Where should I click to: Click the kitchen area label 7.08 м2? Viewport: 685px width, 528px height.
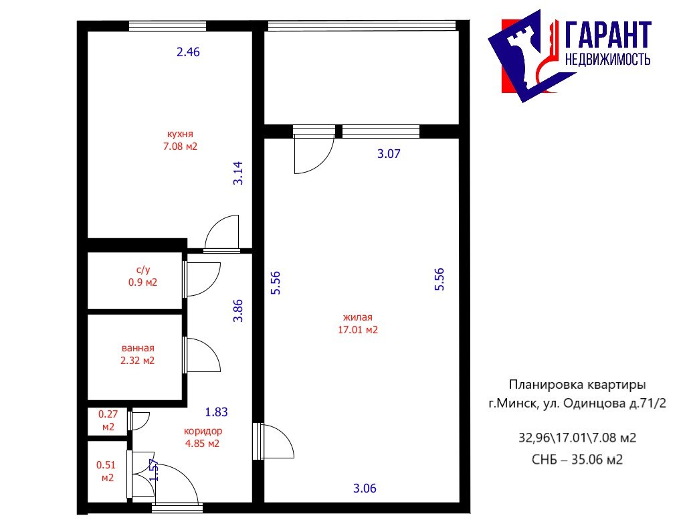pos(180,147)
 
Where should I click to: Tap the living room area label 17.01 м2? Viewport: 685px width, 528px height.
pos(358,329)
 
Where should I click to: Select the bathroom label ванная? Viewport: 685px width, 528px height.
pos(138,348)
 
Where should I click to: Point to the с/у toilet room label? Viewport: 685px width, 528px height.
pos(143,270)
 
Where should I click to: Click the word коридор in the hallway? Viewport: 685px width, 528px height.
pos(203,431)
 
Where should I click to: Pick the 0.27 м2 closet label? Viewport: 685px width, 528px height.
pos(108,420)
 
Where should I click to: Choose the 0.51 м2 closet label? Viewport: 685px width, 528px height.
pos(106,471)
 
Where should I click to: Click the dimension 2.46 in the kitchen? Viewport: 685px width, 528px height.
pos(188,52)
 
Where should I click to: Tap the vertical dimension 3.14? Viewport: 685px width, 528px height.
pos(237,173)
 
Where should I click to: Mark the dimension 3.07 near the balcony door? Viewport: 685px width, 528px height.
pos(389,153)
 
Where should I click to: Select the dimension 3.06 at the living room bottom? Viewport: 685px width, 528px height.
pos(365,489)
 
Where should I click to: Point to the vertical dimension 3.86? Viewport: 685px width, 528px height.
pos(237,311)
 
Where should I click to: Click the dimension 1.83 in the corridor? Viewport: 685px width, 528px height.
pos(217,412)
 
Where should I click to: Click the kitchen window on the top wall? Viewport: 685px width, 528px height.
pos(167,26)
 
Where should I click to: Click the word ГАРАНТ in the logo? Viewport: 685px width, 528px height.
pos(608,35)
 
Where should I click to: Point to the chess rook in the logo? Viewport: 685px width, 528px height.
pos(523,56)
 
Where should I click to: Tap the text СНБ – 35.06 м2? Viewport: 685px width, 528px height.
pos(577,460)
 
